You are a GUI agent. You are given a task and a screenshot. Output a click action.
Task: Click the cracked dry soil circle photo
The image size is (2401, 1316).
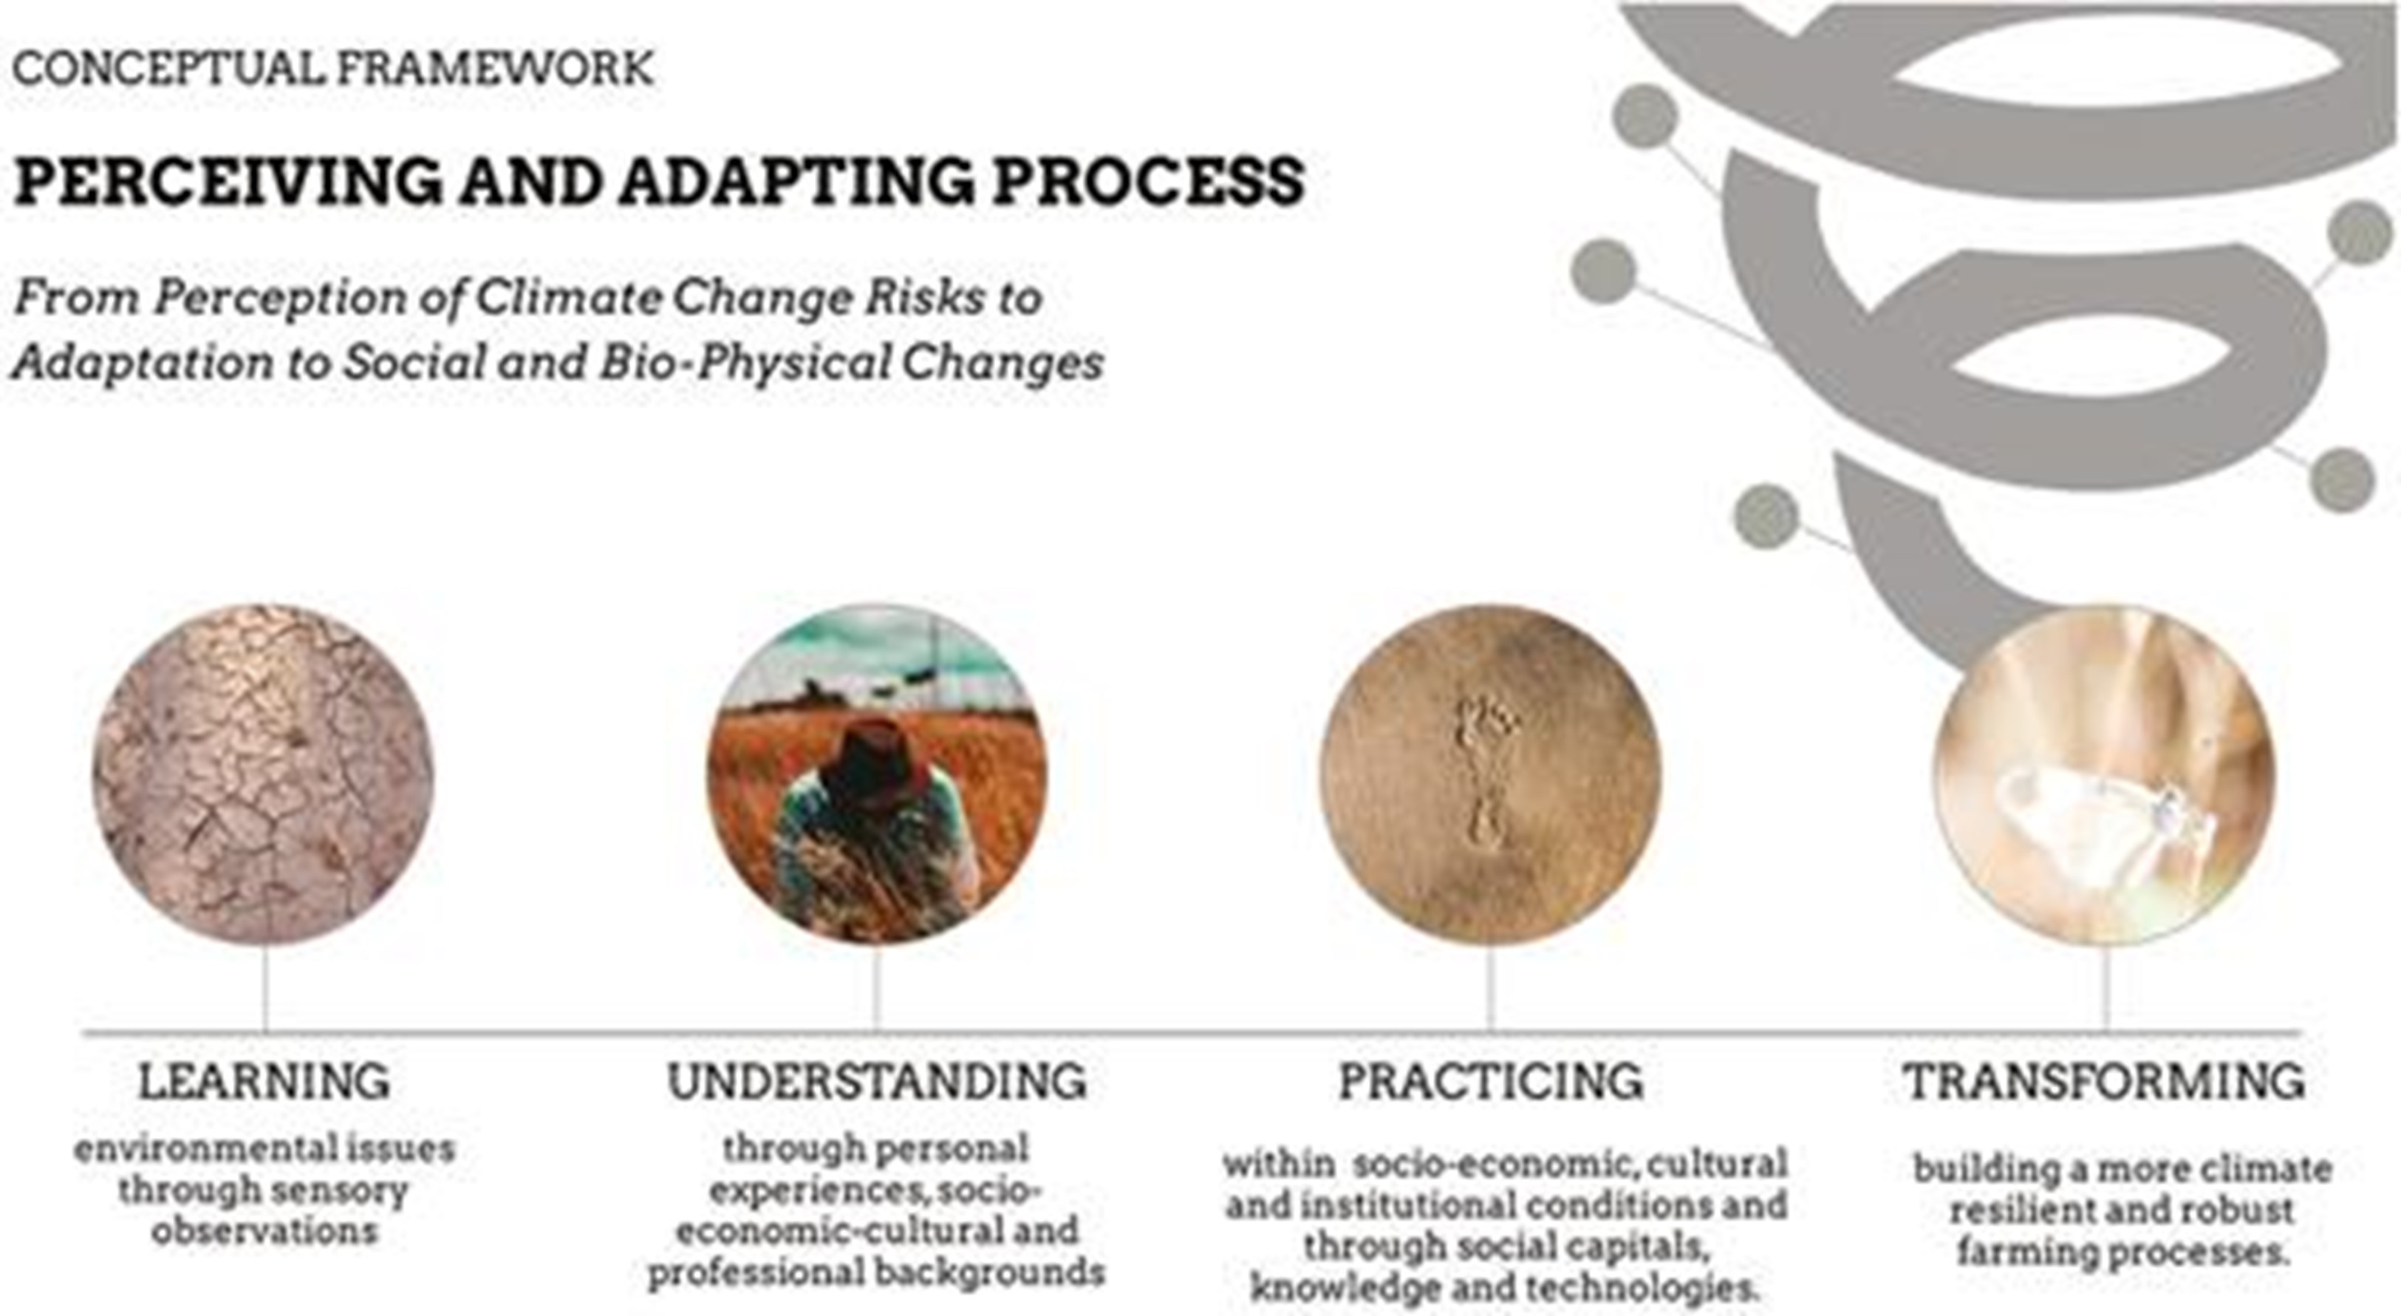[x=263, y=774]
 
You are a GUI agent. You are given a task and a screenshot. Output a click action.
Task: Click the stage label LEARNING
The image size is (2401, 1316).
[x=264, y=1081]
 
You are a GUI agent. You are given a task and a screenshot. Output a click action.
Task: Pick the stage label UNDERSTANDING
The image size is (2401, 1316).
[x=876, y=1081]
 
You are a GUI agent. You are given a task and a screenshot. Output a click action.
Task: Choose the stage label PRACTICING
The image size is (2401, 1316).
[x=1490, y=1081]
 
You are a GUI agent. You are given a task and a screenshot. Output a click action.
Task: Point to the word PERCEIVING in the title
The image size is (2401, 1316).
[x=228, y=181]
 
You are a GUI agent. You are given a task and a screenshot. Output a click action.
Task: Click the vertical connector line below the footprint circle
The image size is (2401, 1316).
[x=1489, y=989]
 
